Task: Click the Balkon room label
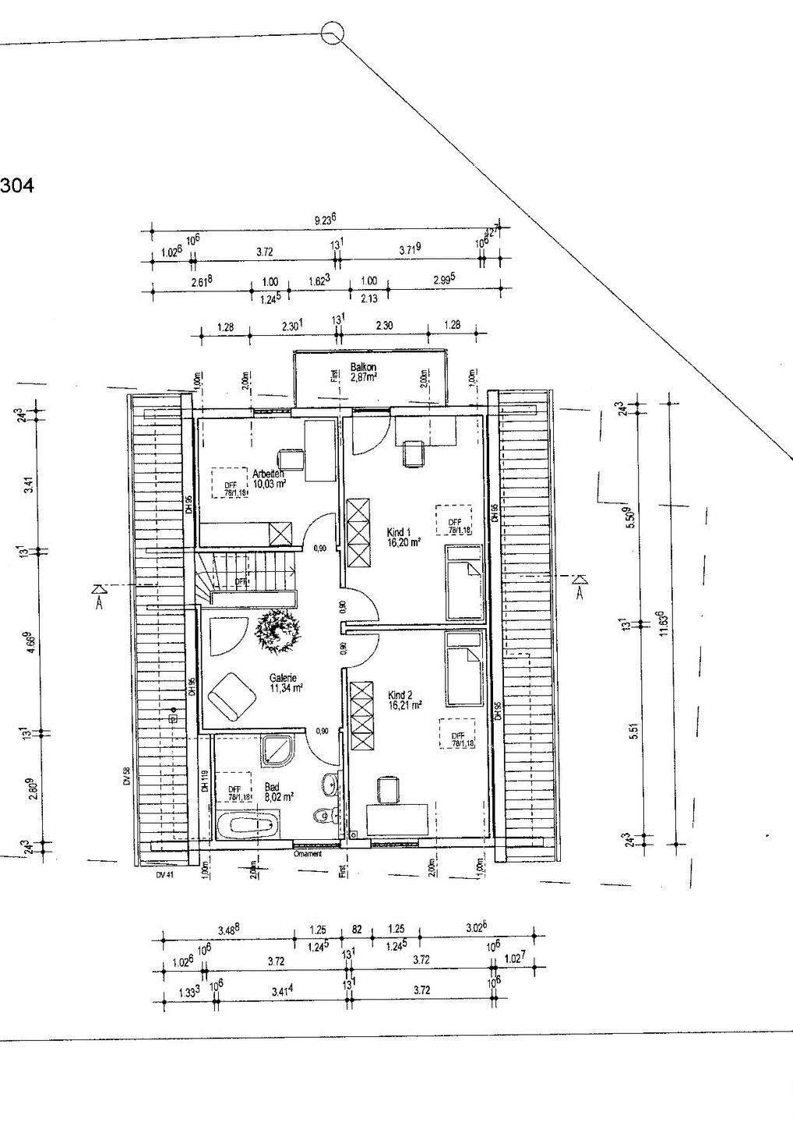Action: coord(363,367)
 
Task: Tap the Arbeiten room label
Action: coord(268,473)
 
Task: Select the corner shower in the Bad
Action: coord(277,749)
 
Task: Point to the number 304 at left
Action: coord(17,187)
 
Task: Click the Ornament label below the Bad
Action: coord(308,853)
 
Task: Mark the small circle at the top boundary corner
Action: coord(333,31)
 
